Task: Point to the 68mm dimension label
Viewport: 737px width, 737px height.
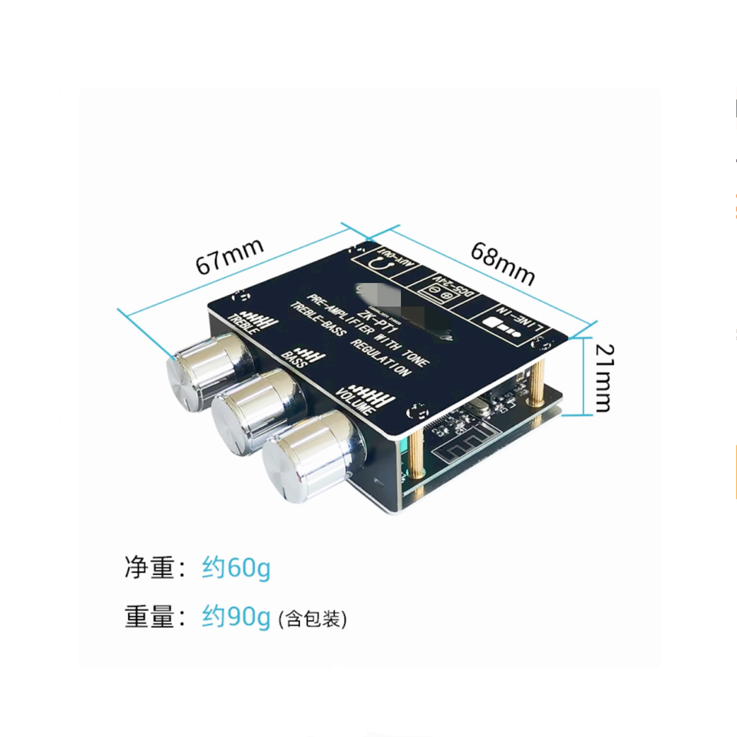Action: [502, 263]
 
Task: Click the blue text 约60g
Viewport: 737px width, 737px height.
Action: [236, 569]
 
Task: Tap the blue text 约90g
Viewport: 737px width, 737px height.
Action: [236, 617]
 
